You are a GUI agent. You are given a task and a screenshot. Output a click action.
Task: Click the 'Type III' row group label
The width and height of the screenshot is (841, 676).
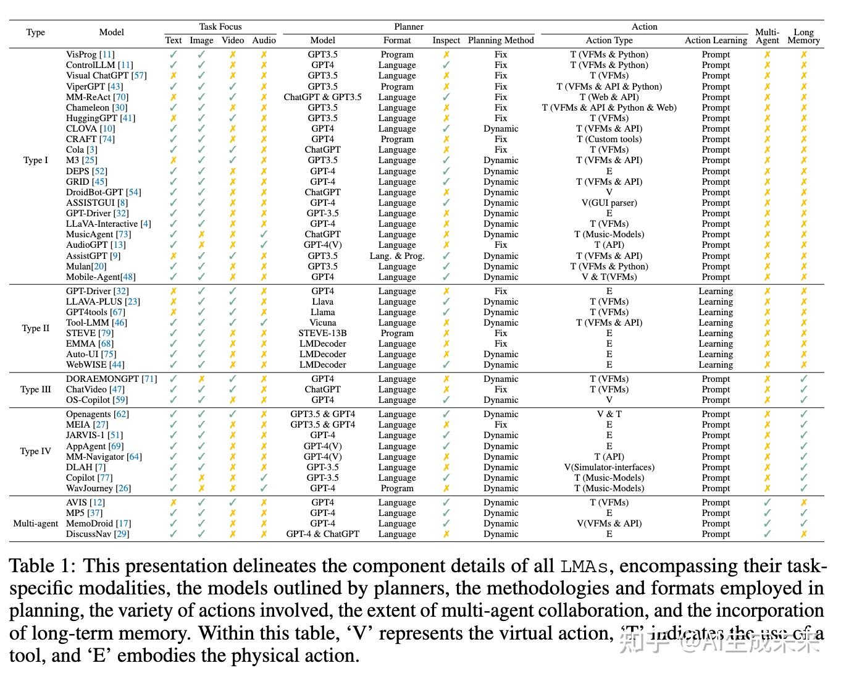pyautogui.click(x=35, y=389)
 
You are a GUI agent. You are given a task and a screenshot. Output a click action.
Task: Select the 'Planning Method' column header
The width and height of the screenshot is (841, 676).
pyautogui.click(x=501, y=40)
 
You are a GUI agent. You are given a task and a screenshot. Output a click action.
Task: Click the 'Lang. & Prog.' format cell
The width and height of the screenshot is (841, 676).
pyautogui.click(x=397, y=256)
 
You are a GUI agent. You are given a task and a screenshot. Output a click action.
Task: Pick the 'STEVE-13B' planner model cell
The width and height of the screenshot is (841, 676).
pyautogui.click(x=322, y=333)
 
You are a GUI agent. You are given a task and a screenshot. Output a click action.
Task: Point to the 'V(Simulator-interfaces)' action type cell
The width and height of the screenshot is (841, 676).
pyautogui.click(x=609, y=467)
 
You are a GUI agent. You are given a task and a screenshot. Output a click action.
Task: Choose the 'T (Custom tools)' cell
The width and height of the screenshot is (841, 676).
pyautogui.click(x=609, y=139)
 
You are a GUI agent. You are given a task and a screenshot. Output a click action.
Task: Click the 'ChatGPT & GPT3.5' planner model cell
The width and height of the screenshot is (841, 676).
pyautogui.click(x=322, y=97)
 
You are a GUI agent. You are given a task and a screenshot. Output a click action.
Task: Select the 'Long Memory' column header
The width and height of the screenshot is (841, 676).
pyautogui.click(x=803, y=36)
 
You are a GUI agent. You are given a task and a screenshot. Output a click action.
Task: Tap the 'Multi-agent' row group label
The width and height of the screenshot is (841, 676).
pyautogui.click(x=36, y=523)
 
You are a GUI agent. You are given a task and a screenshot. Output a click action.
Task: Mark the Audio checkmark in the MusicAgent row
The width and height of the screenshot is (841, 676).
pyautogui.click(x=264, y=234)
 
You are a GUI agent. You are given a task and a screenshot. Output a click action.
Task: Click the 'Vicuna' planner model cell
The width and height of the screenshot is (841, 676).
pyautogui.click(x=322, y=323)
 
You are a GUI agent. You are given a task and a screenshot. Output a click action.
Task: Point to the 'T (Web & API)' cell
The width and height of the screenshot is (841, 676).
pyautogui.click(x=609, y=97)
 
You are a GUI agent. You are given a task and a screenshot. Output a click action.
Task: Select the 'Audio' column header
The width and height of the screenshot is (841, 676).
pyautogui.click(x=264, y=40)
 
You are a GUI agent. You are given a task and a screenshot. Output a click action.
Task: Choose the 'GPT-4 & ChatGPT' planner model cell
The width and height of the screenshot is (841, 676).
pyautogui.click(x=322, y=534)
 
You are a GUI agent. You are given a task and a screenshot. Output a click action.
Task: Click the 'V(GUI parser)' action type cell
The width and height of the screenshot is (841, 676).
pyautogui.click(x=609, y=203)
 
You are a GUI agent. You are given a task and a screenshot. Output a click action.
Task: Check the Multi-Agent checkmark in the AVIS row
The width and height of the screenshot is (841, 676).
pyautogui.click(x=767, y=502)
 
